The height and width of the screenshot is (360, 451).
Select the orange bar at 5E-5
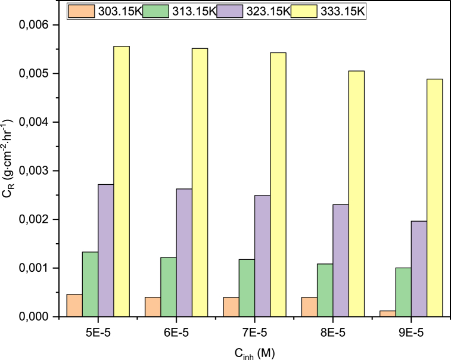[x=74, y=305]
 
